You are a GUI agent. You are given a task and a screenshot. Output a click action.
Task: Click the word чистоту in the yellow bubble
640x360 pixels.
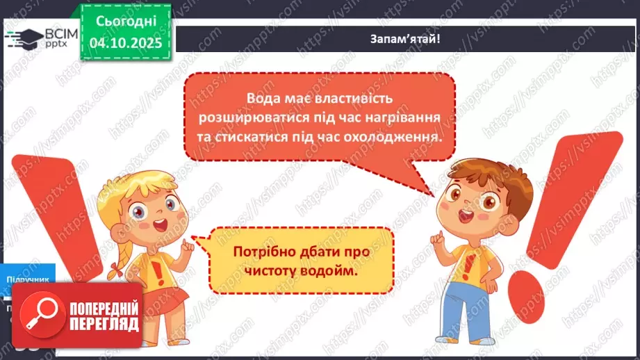270,270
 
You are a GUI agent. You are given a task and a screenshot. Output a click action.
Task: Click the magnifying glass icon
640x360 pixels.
38,316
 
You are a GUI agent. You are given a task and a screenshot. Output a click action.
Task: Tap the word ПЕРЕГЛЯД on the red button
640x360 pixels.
104,325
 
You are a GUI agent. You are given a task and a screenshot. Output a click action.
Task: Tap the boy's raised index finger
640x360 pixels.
435,236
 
